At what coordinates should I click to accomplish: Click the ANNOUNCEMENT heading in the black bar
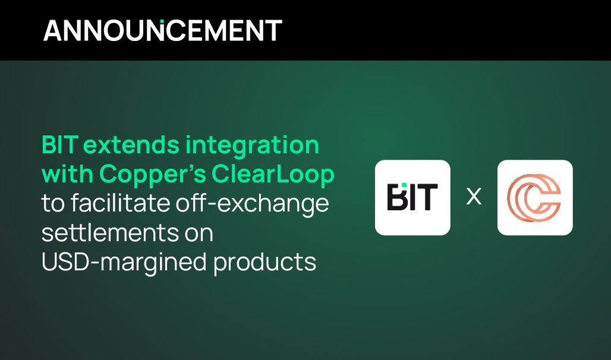pyautogui.click(x=162, y=30)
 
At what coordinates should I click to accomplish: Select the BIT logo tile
pyautogui.click(x=412, y=197)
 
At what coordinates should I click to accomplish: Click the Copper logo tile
pyautogui.click(x=534, y=197)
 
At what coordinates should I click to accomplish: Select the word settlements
pyautogui.click(x=106, y=233)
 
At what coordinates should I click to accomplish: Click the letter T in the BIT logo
pyautogui.click(x=427, y=198)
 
